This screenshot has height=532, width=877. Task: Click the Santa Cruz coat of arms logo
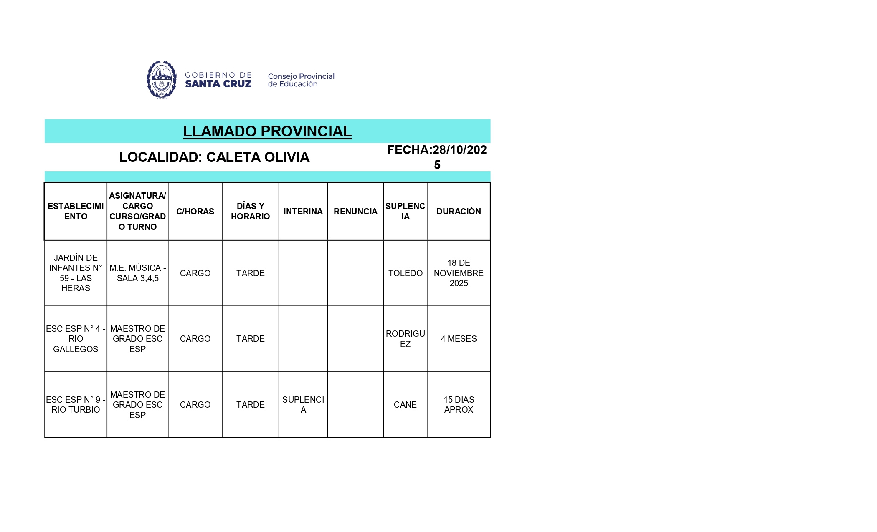click(162, 79)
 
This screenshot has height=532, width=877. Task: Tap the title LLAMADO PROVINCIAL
click(267, 131)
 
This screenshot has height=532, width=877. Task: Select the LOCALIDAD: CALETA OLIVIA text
click(214, 157)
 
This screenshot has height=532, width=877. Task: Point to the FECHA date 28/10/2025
click(437, 156)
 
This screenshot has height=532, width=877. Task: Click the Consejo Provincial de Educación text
click(301, 80)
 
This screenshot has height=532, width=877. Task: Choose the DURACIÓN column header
click(459, 212)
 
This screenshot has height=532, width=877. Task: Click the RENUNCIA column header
click(355, 212)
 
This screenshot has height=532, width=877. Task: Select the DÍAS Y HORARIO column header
click(250, 212)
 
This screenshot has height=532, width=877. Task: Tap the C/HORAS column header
click(195, 212)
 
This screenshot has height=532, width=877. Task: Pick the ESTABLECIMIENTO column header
click(76, 212)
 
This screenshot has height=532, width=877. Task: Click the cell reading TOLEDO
click(405, 273)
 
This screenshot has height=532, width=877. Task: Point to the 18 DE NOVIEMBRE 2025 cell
click(459, 273)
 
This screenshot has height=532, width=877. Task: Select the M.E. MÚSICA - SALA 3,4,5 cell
click(137, 273)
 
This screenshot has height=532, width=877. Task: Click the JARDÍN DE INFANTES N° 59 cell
click(76, 273)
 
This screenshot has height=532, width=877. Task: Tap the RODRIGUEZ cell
click(405, 339)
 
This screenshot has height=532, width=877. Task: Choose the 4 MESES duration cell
click(459, 339)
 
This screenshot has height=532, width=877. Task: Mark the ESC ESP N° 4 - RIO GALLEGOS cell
click(76, 339)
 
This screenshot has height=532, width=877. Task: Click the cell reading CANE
click(405, 405)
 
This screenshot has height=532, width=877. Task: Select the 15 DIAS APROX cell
click(459, 405)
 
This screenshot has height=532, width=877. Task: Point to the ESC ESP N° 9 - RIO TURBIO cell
click(76, 405)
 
